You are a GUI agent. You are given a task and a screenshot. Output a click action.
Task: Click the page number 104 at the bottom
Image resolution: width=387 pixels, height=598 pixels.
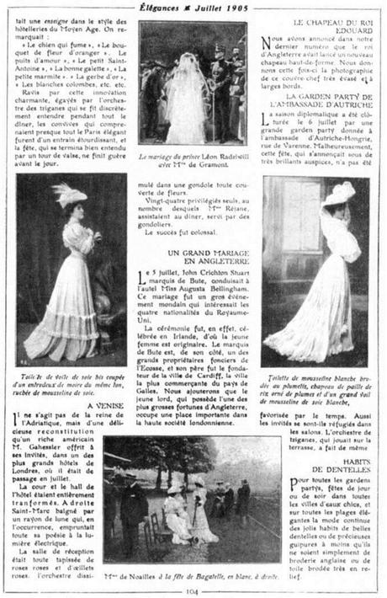(193, 591)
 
